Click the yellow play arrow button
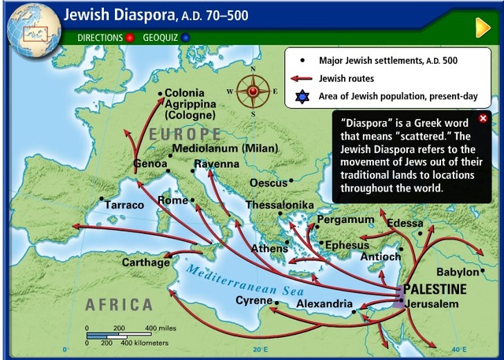(483, 28)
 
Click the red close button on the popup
(483, 119)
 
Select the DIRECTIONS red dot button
(129, 37)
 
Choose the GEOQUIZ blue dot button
(185, 37)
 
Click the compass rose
(253, 91)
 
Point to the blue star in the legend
(302, 97)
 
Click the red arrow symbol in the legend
(302, 78)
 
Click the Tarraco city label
(124, 205)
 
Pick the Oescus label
(268, 183)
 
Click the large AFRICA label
(119, 305)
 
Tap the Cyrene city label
(253, 300)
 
